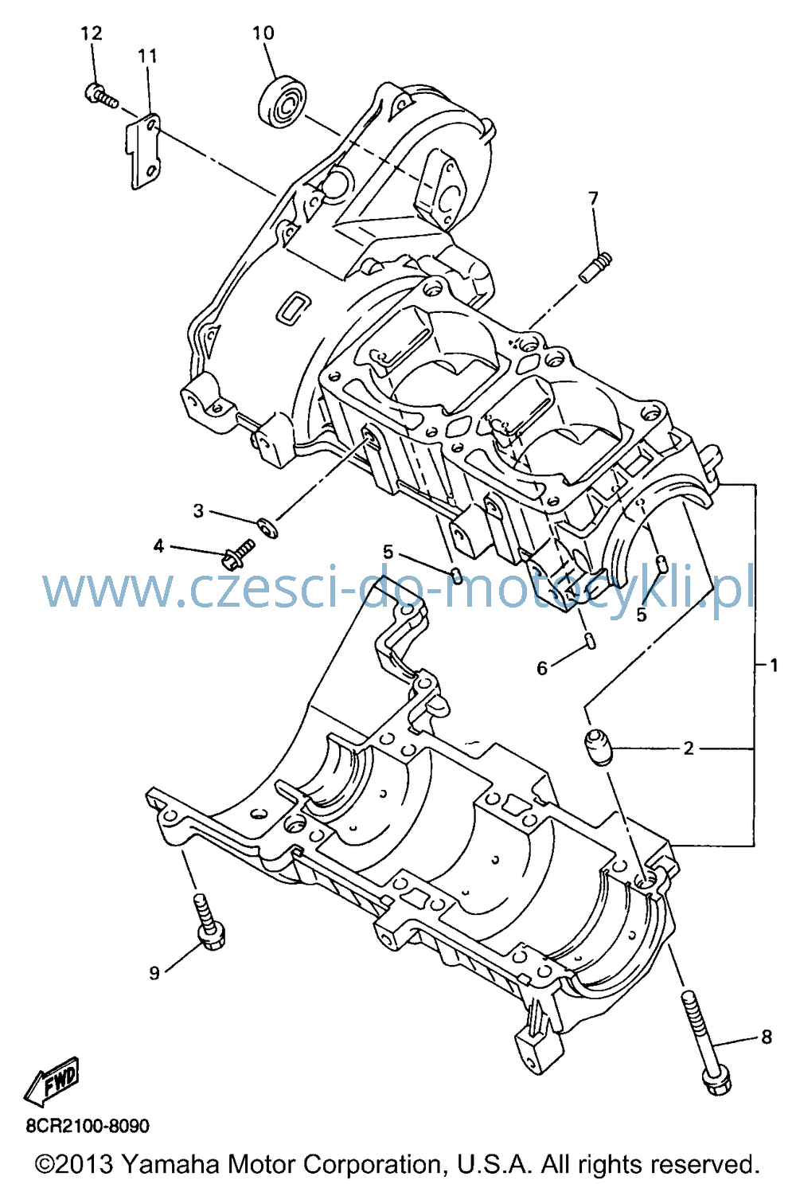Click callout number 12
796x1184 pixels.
[x=91, y=33]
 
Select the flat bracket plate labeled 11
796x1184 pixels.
[x=142, y=150]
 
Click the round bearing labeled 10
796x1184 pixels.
[x=283, y=102]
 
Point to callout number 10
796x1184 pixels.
[x=263, y=33]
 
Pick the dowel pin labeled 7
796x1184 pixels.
[x=596, y=268]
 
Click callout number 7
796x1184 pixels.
[x=593, y=199]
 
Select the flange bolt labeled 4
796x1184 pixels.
[x=238, y=553]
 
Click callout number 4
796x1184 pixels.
[x=159, y=546]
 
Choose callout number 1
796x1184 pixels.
[x=774, y=665]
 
